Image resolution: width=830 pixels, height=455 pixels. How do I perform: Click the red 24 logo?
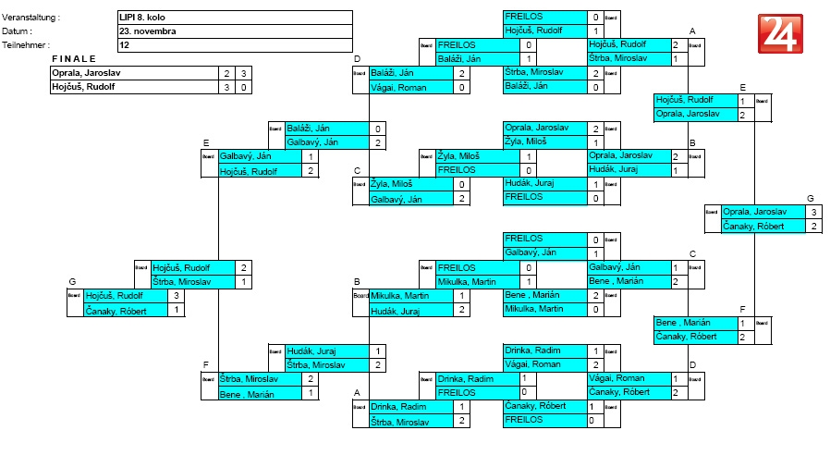pos(781,34)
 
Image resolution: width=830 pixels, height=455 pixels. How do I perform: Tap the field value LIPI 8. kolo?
pos(148,17)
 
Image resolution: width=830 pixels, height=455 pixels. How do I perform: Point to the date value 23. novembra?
pos(148,31)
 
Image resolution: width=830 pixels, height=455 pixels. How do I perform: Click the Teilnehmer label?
pos(27,44)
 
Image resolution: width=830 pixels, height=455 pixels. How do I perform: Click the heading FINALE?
pos(73,58)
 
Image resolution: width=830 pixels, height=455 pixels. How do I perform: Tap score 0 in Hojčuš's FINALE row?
pos(243,87)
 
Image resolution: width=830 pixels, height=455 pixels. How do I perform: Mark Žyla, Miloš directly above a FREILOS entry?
pos(459,156)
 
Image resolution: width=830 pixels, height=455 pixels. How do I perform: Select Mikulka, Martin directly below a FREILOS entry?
pos(468,281)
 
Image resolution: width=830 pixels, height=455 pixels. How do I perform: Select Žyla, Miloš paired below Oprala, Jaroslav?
pos(526,142)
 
